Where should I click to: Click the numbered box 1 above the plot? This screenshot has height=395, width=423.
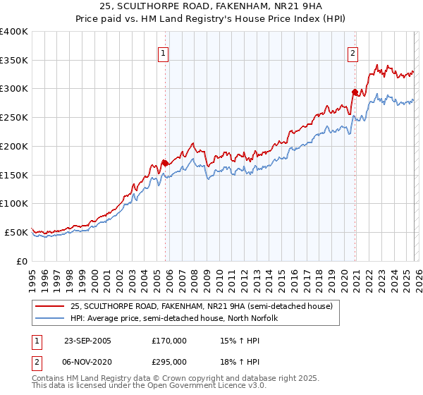[164, 52]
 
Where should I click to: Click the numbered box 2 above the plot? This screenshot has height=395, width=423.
[352, 52]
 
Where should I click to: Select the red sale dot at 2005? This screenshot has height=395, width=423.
[166, 163]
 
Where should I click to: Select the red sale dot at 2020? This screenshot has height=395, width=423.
[355, 91]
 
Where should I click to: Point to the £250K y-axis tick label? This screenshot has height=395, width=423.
[14, 118]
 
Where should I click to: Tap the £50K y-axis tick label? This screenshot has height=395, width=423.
[16, 232]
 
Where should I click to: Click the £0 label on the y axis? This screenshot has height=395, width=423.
[22, 261]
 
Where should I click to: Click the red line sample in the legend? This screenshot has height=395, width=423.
[50, 305]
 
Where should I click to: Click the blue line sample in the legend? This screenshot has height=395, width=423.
[50, 318]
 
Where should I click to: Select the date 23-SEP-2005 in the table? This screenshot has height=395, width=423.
[87, 341]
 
